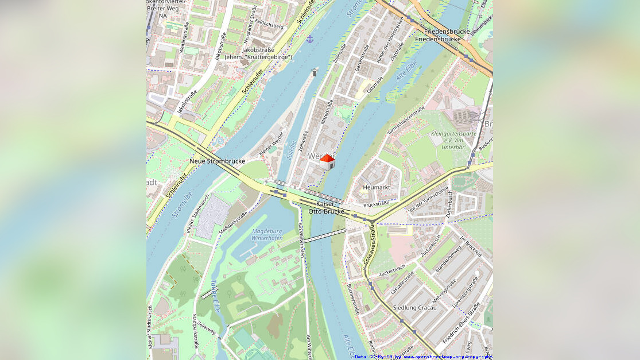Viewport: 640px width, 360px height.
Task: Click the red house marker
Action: [327, 162]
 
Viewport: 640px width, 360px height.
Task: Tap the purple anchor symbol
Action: [310, 39]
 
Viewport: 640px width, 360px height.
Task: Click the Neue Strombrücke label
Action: [217, 161]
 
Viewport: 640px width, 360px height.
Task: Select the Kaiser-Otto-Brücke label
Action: [327, 207]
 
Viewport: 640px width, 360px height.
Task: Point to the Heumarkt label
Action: [377, 187]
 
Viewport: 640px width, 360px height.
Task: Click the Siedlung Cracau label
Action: [414, 308]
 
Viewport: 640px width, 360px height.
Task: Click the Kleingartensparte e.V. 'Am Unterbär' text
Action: [453, 140]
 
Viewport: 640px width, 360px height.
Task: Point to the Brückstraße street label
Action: [376, 203]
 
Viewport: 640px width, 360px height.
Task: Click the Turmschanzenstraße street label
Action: [406, 121]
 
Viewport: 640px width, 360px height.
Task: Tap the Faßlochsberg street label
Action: [270, 26]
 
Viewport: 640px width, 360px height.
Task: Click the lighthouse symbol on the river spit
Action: [315, 72]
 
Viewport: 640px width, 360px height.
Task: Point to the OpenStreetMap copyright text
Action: [424, 357]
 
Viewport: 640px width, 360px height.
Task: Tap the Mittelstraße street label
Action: [327, 112]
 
